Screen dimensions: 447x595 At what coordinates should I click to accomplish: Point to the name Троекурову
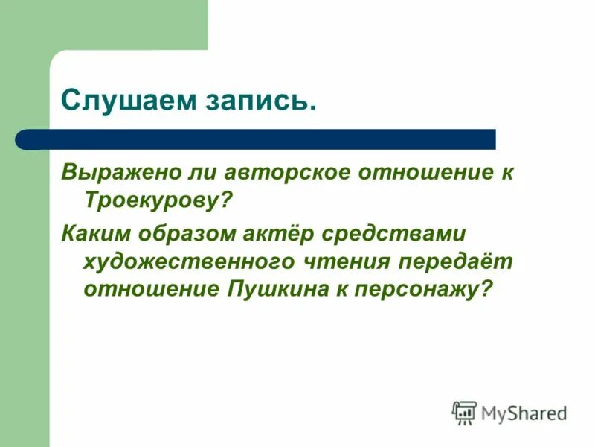[x=157, y=200]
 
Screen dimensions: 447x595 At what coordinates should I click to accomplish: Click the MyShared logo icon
[x=464, y=412]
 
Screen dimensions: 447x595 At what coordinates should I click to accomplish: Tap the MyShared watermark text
[x=524, y=412]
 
